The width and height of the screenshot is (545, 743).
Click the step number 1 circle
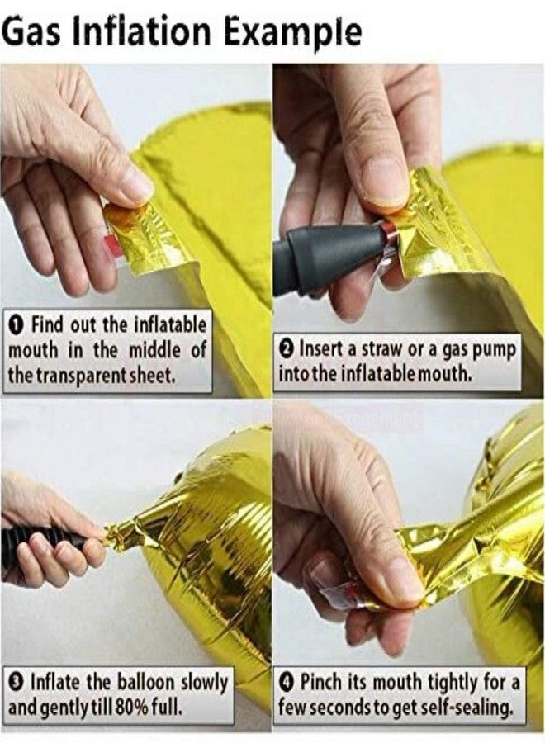pyautogui.click(x=17, y=325)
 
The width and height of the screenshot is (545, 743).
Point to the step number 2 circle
pyautogui.click(x=287, y=351)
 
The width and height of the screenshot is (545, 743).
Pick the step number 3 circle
pyautogui.click(x=17, y=684)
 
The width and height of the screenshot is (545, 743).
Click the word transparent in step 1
pyautogui.click(x=78, y=376)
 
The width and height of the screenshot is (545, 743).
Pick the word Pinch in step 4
pyautogui.click(x=321, y=684)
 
